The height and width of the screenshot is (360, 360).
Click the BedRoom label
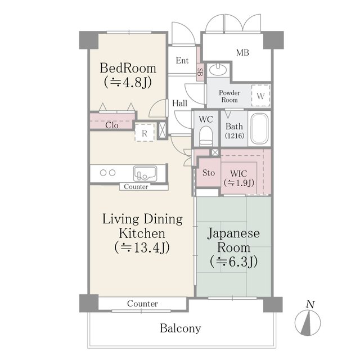point(128,68)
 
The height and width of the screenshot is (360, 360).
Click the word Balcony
point(180,328)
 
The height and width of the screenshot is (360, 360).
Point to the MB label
point(242,53)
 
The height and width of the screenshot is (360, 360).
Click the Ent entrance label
point(182,60)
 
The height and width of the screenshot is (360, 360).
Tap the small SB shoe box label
point(199,71)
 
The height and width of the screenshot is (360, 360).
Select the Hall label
point(180,103)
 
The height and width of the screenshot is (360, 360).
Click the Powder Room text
point(229,96)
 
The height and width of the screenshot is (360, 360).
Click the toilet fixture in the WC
point(206,136)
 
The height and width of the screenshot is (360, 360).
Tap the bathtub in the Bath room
point(260,129)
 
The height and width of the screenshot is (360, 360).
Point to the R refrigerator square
point(145,133)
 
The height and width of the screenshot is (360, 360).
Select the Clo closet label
point(111,125)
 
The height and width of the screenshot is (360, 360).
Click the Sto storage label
point(208,172)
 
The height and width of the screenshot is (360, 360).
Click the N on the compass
point(309,304)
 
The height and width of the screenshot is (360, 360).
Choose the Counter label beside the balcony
point(142,304)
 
